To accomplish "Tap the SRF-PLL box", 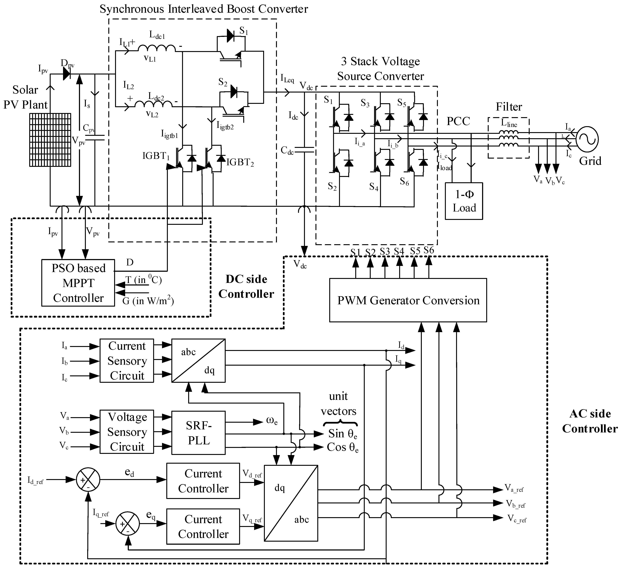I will coord(198,433).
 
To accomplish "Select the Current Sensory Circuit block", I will coord(127,361).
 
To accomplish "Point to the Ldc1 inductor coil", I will coord(157,48).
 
